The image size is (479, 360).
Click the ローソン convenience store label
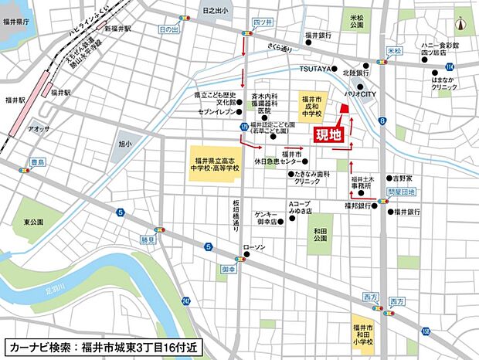[253, 247]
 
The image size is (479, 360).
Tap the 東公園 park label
[33, 222]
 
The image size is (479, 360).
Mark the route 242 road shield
[186, 301]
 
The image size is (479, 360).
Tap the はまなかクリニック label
[443, 83]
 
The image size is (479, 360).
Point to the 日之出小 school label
[214, 11]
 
